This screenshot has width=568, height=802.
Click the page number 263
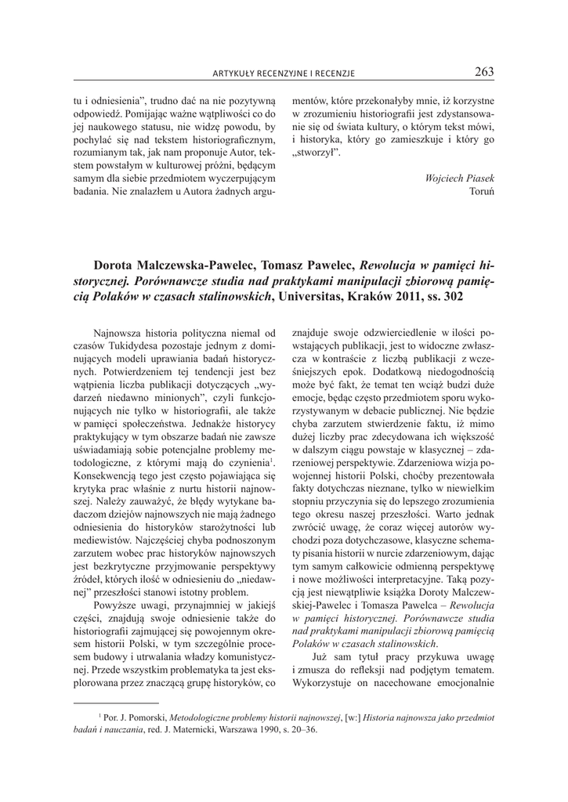484,72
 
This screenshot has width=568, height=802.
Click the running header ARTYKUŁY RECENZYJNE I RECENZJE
284,74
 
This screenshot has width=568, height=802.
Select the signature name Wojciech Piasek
459,178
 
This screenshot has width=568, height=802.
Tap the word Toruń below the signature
481,192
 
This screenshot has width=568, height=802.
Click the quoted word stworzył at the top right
315,153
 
